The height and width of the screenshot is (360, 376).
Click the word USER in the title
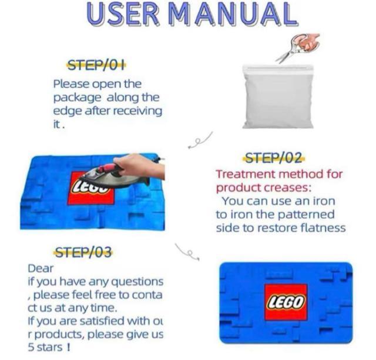point(123,14)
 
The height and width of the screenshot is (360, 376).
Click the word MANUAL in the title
point(233,14)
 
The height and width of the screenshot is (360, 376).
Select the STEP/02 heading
point(274,158)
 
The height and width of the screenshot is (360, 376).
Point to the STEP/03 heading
point(83,252)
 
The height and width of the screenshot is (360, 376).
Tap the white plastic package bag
point(278,96)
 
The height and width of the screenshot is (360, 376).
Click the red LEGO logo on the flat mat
point(286,302)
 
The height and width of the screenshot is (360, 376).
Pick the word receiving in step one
point(137,112)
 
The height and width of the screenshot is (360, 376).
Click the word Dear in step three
point(41,269)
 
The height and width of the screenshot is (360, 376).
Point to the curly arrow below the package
point(200,140)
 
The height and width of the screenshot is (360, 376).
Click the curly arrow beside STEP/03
point(187,252)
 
